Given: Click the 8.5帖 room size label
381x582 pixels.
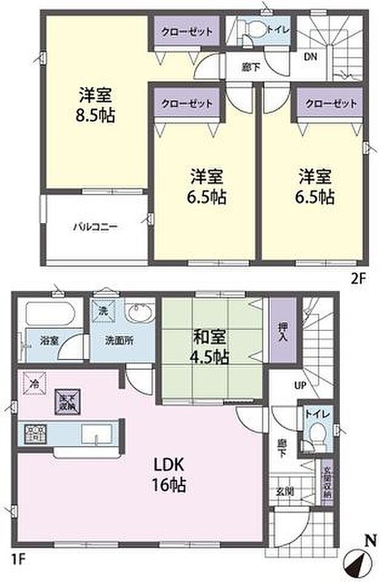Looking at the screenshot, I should coord(96,114).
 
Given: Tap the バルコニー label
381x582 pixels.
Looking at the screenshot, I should coord(95,227).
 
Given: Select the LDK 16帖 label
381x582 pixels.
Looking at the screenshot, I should coord(166,474).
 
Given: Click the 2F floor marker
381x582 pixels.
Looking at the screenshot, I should coord(358,277).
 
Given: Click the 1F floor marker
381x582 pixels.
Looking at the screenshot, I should coord(21,560).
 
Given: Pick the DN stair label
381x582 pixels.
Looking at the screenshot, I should coord(312,57).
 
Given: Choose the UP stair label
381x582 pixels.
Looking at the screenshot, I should coord(300,385).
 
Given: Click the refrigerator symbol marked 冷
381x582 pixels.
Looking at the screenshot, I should coord(33,383).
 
